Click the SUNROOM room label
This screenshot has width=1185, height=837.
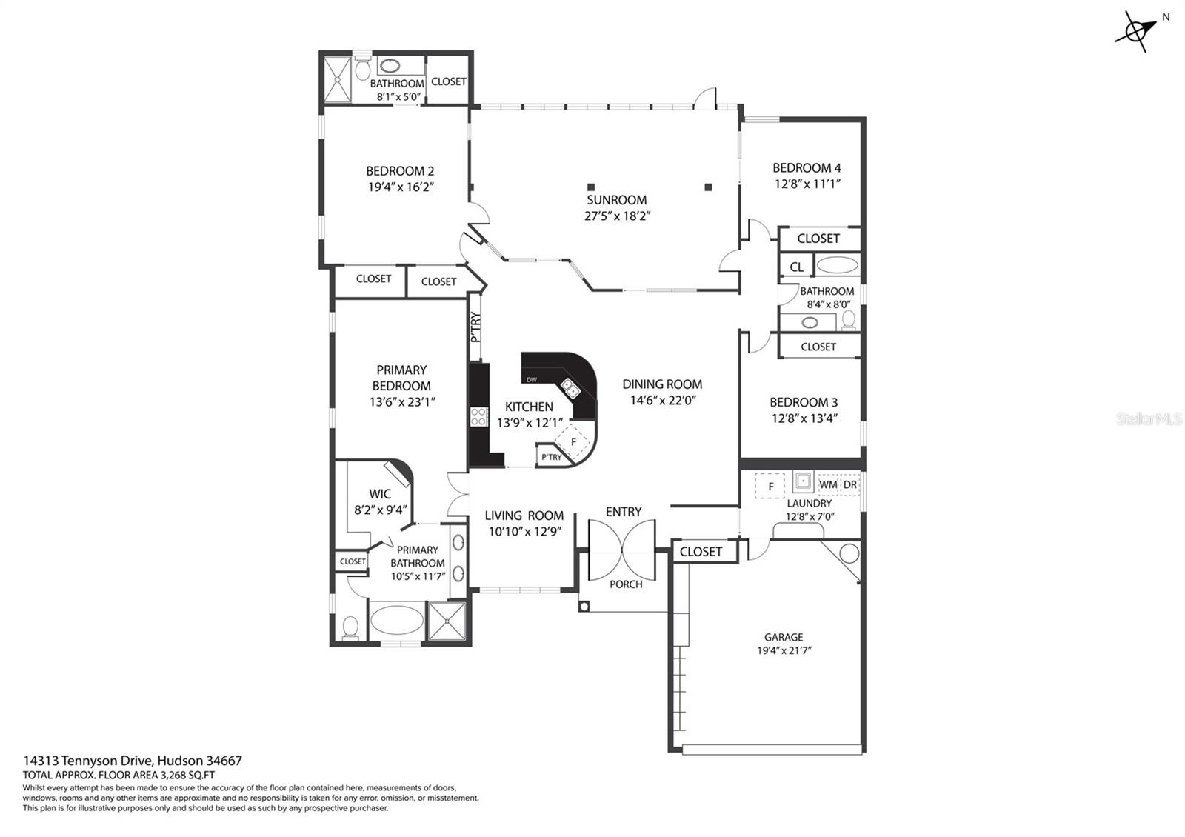click(x=616, y=200)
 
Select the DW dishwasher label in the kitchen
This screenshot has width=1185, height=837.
click(x=532, y=380)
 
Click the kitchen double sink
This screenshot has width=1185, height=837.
click(x=570, y=388)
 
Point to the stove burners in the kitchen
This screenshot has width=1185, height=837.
click(x=479, y=417)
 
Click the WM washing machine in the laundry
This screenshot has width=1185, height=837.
click(x=828, y=484)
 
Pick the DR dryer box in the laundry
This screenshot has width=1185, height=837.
click(x=850, y=484)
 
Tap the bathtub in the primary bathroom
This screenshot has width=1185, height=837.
click(x=396, y=620)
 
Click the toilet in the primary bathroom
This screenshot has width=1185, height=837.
click(x=350, y=627)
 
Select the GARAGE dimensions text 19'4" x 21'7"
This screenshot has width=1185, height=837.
click(x=784, y=650)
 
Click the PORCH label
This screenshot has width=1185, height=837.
click(x=626, y=584)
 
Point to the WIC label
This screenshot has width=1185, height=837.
click(x=380, y=494)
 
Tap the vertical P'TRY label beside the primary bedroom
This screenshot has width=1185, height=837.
click(x=475, y=327)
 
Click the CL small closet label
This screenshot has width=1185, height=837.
click(x=797, y=267)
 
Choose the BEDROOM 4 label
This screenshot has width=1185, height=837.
click(x=807, y=168)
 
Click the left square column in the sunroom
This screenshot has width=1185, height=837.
click(x=591, y=187)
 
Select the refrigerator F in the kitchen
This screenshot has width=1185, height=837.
click(x=573, y=442)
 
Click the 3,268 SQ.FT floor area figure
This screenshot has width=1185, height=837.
click(x=188, y=776)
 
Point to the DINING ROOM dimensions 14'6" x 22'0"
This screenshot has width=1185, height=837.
click(x=662, y=401)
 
